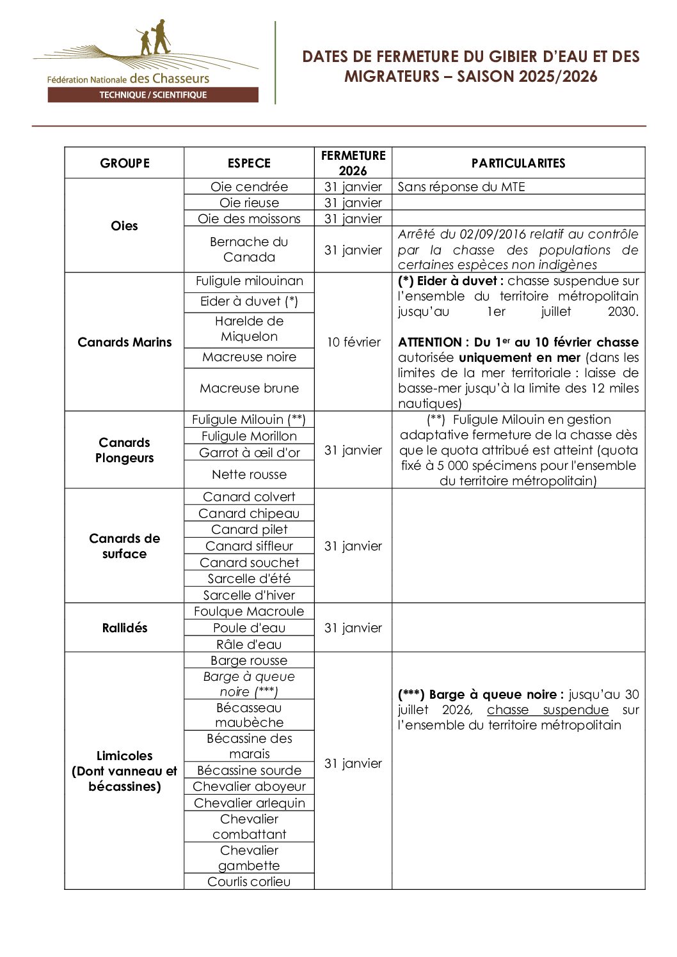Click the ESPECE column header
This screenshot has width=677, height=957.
click(249, 163)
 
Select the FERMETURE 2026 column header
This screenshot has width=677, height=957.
click(353, 163)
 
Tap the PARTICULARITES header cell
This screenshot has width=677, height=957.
click(518, 163)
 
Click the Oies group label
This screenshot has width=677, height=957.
click(124, 226)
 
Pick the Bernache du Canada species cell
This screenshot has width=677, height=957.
click(249, 249)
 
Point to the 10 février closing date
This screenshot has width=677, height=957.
click(353, 342)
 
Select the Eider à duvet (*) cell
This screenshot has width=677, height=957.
click(249, 301)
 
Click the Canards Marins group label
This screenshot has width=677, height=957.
click(124, 342)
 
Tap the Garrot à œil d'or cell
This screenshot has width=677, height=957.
click(249, 453)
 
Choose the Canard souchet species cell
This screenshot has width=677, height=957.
click(249, 563)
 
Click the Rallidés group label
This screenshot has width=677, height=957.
click(124, 628)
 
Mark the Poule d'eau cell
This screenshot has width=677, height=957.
click(249, 628)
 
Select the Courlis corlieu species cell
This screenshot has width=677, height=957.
click(249, 882)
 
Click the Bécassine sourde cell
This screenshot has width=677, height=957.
click(249, 770)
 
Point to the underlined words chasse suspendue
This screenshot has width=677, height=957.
click(547, 710)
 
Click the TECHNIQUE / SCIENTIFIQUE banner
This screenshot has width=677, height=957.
click(153, 95)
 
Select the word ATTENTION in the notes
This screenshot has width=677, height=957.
click(430, 342)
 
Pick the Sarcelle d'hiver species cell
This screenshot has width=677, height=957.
click(249, 595)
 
